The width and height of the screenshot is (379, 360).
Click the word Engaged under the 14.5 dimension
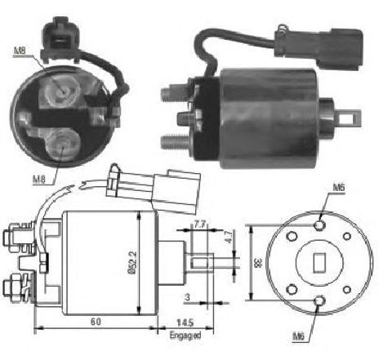[x=185, y=336]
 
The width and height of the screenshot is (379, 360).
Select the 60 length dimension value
[x=96, y=322]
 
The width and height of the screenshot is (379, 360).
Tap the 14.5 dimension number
[x=185, y=322]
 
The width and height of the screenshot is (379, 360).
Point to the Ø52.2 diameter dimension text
[x=134, y=263]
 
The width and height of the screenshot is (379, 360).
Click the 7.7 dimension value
[x=200, y=224]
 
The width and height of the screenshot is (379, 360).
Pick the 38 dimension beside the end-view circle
[x=257, y=263]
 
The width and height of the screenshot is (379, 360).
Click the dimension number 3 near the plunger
[x=187, y=297]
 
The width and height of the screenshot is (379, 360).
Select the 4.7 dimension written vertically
[x=230, y=237]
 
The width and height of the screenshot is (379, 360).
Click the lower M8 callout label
[x=39, y=180]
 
